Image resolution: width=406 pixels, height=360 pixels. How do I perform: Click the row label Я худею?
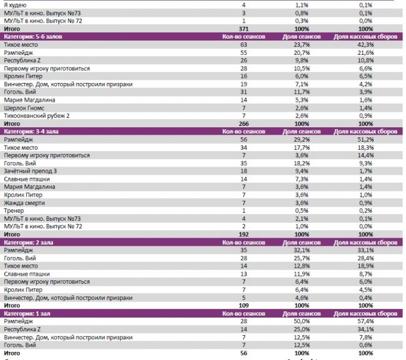[x=16, y=4]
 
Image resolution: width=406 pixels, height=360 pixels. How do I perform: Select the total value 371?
[x=244, y=29]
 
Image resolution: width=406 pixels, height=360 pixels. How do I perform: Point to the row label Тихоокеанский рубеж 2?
[x=37, y=115]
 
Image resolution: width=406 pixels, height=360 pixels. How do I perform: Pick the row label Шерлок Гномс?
[x=24, y=107]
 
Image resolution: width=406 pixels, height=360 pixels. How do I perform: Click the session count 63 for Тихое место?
[x=244, y=45]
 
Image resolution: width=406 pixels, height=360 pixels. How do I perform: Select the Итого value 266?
[x=244, y=124]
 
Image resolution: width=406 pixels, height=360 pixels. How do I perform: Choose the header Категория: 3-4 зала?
[x=39, y=132]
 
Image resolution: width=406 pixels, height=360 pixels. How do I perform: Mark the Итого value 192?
[x=244, y=234]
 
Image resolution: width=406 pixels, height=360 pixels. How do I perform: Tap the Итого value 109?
[x=244, y=305]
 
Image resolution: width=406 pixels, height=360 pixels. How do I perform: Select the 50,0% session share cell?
[x=302, y=321]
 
